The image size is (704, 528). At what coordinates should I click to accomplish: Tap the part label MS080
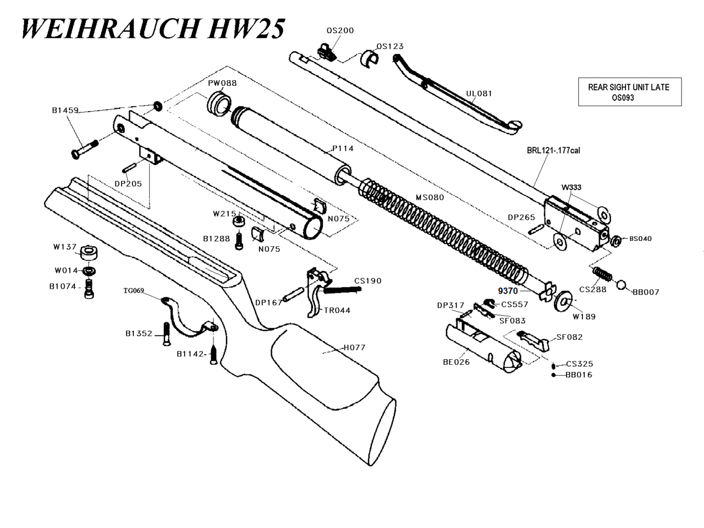point(430,197)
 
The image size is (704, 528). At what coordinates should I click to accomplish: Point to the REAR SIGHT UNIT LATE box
point(629,92)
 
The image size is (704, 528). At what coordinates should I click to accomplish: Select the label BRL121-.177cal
point(553,151)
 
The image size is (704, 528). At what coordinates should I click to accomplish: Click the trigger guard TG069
point(184,319)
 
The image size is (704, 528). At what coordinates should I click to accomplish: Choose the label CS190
point(367,281)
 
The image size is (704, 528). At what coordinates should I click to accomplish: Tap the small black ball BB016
point(553,375)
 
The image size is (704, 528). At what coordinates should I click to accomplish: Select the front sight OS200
point(326,51)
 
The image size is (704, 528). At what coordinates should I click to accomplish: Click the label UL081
point(479,94)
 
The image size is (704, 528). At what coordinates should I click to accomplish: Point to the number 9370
point(508,291)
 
